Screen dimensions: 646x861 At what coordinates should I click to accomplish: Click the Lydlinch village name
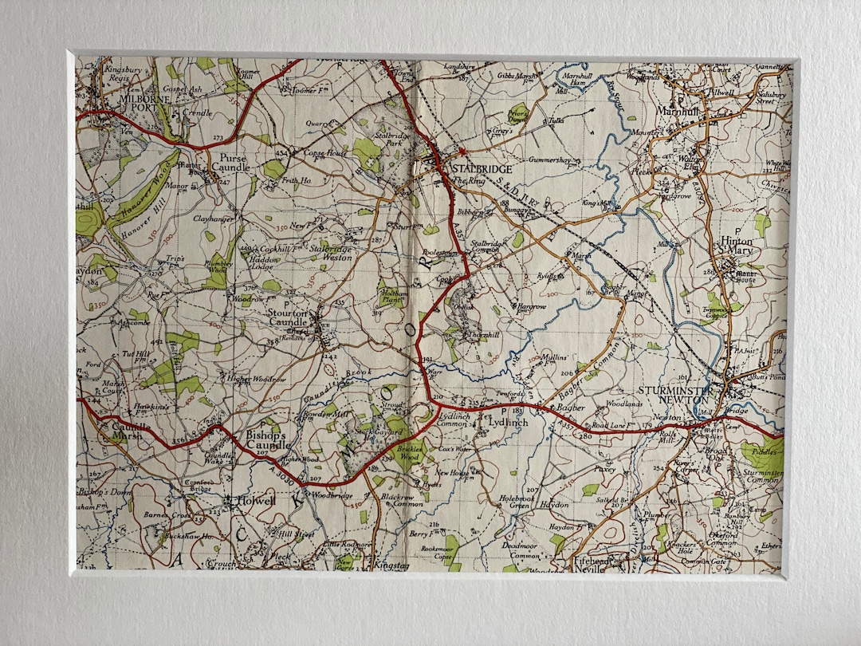(x=509, y=423)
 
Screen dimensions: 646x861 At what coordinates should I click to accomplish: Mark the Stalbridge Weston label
(x=332, y=253)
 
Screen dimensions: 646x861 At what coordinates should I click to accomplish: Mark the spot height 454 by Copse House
(x=281, y=153)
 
